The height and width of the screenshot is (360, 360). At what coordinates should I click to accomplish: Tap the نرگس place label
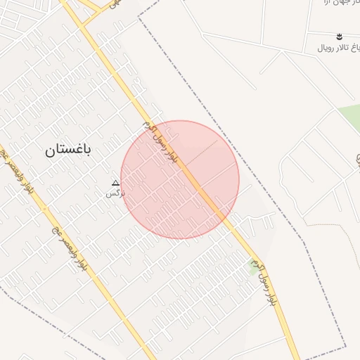tap(115, 192)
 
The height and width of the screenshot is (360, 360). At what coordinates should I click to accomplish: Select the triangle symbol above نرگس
tap(116, 183)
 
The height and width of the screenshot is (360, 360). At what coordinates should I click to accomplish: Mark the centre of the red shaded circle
tap(180, 179)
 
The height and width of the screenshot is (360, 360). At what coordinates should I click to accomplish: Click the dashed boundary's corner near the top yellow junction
tap(139, 17)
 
